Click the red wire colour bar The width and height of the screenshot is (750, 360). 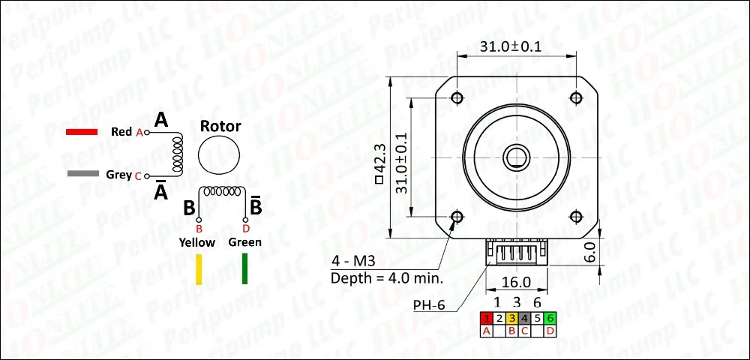point(82,132)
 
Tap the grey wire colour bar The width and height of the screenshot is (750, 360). point(82,175)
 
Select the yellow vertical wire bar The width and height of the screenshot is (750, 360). point(199,268)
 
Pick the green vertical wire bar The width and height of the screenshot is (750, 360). point(245,268)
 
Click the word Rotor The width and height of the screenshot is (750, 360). point(220,126)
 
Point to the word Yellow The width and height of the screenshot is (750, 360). point(196,242)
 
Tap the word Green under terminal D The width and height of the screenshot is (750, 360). point(245,242)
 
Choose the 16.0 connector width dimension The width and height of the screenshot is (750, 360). point(516,283)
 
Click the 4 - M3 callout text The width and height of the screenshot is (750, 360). point(352,261)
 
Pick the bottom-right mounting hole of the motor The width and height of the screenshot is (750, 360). point(576,217)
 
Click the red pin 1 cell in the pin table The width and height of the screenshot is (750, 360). point(486,318)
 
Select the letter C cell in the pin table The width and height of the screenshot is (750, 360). point(525,330)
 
